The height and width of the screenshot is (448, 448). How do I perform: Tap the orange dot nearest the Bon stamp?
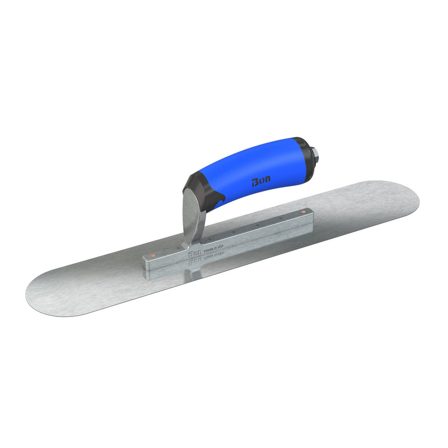pos(152,255)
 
